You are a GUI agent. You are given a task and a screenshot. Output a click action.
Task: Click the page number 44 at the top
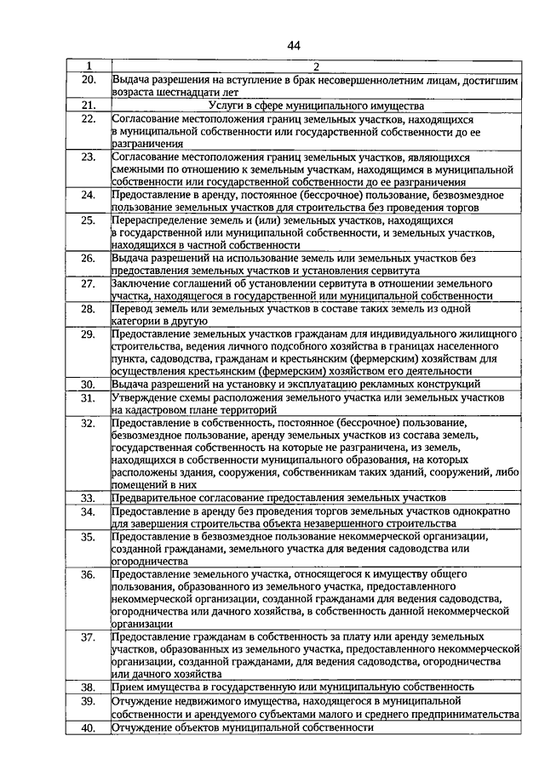(294, 45)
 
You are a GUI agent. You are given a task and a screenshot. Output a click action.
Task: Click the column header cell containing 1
(89, 66)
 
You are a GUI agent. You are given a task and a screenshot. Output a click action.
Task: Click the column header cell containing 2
(315, 66)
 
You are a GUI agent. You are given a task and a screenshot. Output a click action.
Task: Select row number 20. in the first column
(89, 79)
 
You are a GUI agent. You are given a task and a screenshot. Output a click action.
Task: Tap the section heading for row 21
(315, 106)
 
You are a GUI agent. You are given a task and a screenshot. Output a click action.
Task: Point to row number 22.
(89, 119)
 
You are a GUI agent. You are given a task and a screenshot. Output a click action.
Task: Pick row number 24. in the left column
(89, 195)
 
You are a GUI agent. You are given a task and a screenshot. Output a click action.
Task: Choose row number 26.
(89, 258)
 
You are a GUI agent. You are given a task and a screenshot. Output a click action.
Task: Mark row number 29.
(89, 334)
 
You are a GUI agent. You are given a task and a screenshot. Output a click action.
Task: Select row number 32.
(89, 422)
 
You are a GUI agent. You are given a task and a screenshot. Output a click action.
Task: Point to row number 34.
(89, 511)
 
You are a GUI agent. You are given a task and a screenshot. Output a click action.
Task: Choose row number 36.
(89, 575)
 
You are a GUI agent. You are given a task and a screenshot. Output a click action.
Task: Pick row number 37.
(89, 636)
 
